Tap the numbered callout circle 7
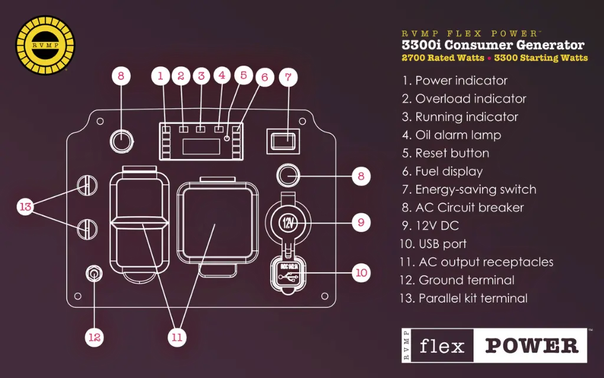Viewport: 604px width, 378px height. pos(288,77)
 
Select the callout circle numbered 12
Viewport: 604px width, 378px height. pos(94,337)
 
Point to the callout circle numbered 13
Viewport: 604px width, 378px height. pos(25,207)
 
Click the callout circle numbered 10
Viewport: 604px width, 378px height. pos(361,272)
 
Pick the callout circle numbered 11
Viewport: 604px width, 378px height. pos(176,337)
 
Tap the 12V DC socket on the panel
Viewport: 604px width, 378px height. pos(288,223)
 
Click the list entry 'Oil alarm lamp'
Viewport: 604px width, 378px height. pos(451,135)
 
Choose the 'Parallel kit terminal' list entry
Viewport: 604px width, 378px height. pos(464,298)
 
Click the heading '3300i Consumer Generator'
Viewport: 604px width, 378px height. pos(493,45)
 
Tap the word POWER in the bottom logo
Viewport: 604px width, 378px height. pos(531,346)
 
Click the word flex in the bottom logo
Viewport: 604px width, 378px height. pos(442,346)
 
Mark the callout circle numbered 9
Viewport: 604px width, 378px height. pos(361,223)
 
